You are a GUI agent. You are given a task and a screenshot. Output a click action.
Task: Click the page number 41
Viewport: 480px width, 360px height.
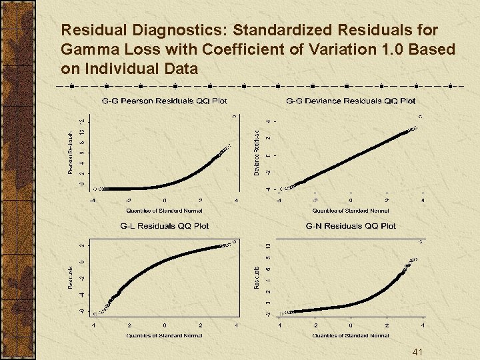pyautogui.click(x=418, y=352)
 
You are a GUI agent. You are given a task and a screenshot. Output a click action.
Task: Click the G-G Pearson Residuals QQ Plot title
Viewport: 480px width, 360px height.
pyautogui.click(x=164, y=101)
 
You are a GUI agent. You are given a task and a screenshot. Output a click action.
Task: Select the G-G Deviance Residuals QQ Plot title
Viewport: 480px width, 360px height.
pyautogui.click(x=351, y=101)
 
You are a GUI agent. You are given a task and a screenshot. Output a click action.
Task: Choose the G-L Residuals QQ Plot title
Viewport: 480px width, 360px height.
pyautogui.click(x=164, y=226)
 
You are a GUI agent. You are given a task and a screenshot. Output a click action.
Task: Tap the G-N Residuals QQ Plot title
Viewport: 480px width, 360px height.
pyautogui.click(x=351, y=226)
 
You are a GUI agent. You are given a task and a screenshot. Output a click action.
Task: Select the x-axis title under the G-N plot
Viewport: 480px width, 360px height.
pyautogui.click(x=351, y=335)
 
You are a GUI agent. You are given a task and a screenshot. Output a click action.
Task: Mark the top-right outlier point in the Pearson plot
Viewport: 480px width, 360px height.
pyautogui.click(x=234, y=117)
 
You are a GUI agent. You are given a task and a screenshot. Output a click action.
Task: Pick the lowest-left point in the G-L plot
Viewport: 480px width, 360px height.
pyautogui.click(x=95, y=313)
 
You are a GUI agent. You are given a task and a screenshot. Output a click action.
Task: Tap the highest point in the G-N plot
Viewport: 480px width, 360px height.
pyautogui.click(x=420, y=241)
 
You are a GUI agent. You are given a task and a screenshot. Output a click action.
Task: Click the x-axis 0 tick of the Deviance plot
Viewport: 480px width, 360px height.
pyautogui.click(x=351, y=201)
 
